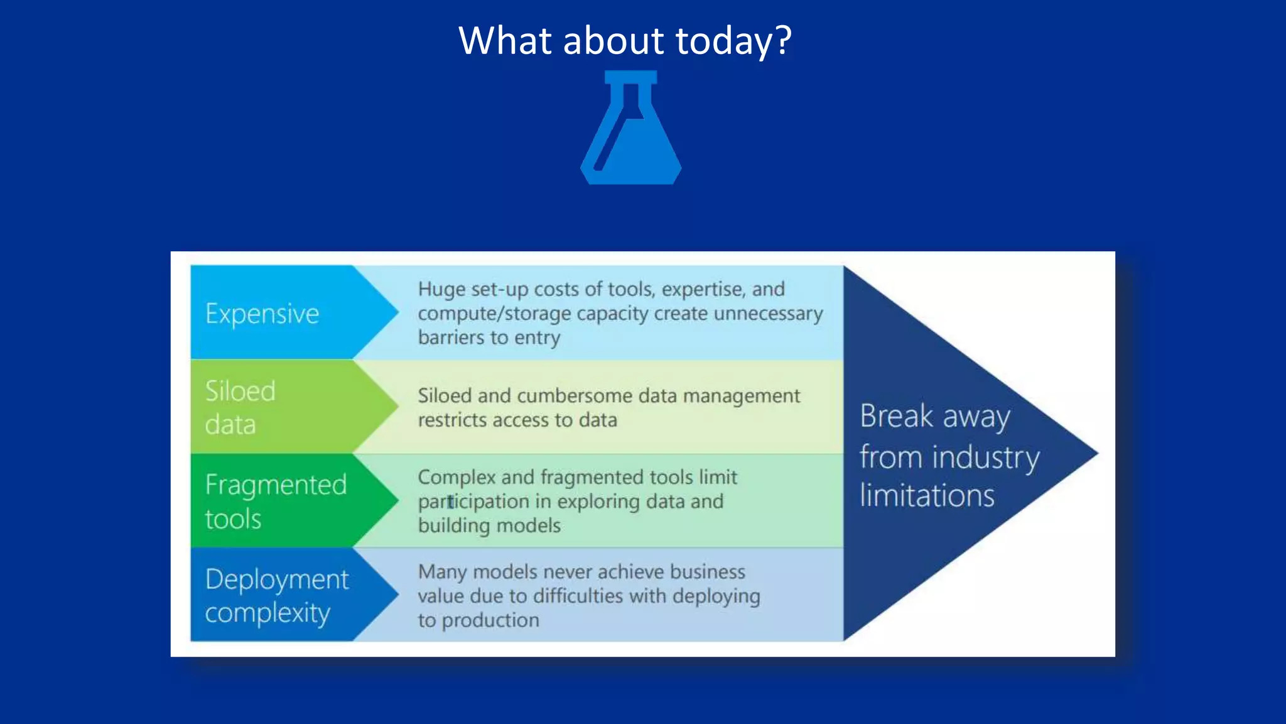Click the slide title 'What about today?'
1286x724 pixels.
point(625,41)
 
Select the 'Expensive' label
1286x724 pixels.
point(262,313)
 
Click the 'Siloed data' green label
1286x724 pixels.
point(240,407)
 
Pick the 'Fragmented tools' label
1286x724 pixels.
point(276,502)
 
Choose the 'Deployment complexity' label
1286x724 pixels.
point(276,595)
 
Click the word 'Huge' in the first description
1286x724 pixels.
point(441,289)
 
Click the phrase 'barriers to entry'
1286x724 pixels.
point(489,337)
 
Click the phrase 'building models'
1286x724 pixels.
point(489,525)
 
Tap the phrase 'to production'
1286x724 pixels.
point(478,620)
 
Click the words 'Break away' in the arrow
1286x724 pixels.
point(934,416)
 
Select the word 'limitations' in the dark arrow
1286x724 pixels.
point(927,496)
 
